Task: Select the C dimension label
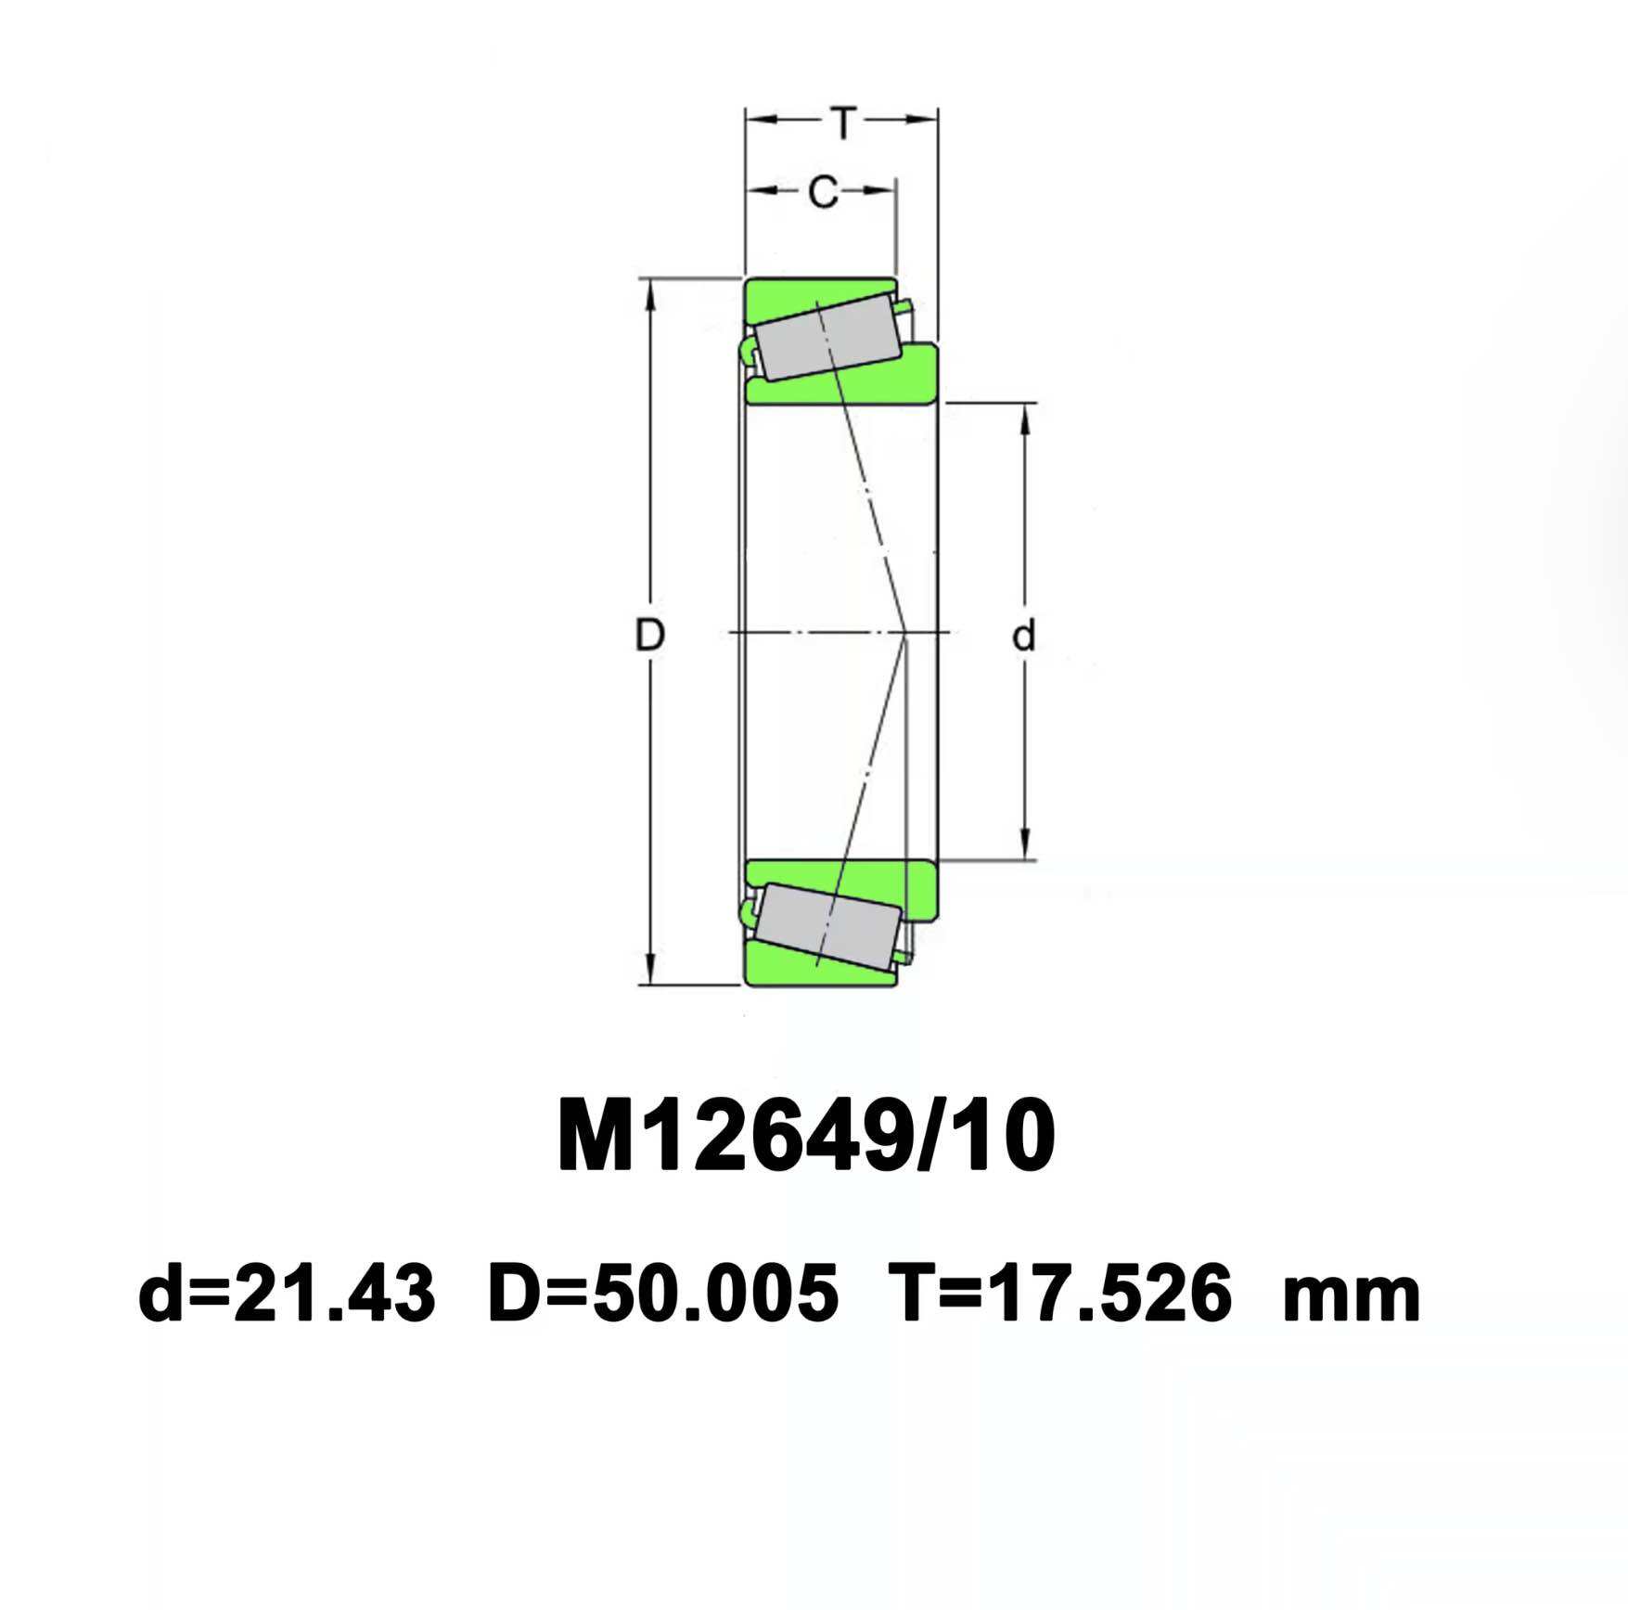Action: [x=823, y=192]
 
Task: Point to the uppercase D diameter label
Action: [x=649, y=636]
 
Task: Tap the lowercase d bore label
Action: [x=1023, y=637]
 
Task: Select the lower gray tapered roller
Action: [x=827, y=927]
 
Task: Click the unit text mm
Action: [x=1351, y=1295]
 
